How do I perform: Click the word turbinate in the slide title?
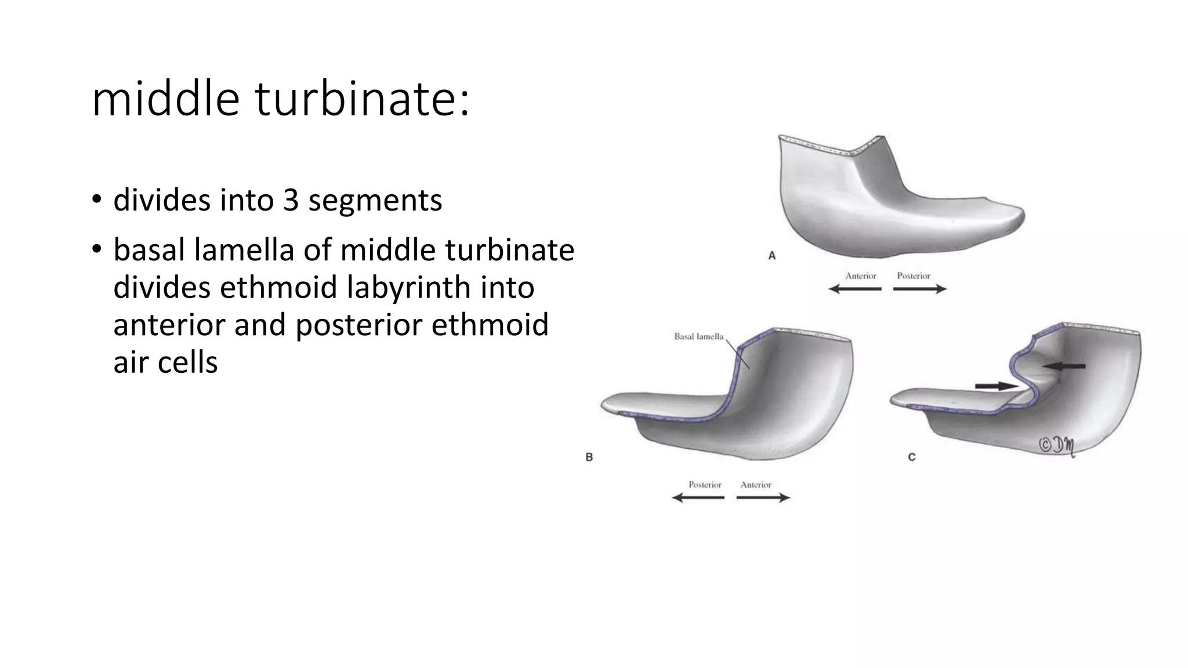[x=361, y=100]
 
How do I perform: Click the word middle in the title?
[x=165, y=100]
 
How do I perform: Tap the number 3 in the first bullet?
[x=291, y=200]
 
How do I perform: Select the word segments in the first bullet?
[x=375, y=200]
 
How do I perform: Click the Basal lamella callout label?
[x=698, y=336]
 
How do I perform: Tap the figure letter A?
[x=772, y=255]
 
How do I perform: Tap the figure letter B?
[x=589, y=457]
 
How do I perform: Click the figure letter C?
[x=911, y=457]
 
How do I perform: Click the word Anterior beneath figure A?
[x=860, y=276]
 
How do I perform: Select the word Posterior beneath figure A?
[x=913, y=276]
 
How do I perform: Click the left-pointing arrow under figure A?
[x=854, y=289]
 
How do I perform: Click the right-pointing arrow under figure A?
[x=920, y=289]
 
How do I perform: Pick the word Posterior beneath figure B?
[x=705, y=485]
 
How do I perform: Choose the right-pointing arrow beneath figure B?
[x=763, y=498]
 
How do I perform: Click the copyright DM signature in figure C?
[x=1056, y=445]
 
